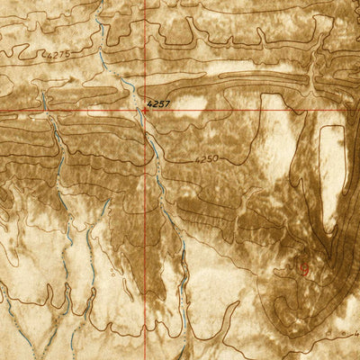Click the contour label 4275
pyautogui.click(x=56, y=54)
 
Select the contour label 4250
pyautogui.click(x=207, y=158)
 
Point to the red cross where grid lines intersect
pyautogui.click(x=144, y=110)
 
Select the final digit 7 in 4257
pyautogui.click(x=167, y=104)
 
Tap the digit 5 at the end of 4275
pyautogui.click(x=67, y=54)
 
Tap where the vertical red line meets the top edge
pyautogui.click(x=144, y=1)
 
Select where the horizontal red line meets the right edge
pyautogui.click(x=358, y=110)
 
